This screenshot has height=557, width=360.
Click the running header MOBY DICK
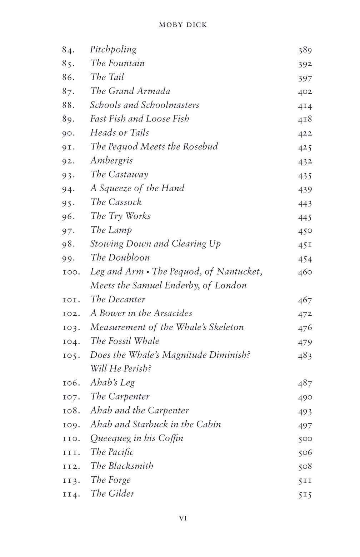tap(183, 25)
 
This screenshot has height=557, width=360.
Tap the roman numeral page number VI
tap(182, 518)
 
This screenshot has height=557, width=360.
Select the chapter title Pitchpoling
tap(113, 50)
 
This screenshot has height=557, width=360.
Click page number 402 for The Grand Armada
tap(305, 92)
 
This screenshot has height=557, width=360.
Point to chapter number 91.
tap(68, 147)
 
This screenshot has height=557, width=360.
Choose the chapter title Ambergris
tap(111, 161)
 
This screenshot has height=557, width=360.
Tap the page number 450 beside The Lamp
tap(305, 231)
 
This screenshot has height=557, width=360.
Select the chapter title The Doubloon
tap(120, 258)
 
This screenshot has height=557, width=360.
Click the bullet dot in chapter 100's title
tap(147, 272)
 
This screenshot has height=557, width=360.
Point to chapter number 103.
tap(71, 328)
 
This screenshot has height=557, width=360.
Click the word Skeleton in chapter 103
tap(226, 327)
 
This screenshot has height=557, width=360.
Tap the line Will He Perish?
tap(121, 368)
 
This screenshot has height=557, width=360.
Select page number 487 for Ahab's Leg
tap(305, 383)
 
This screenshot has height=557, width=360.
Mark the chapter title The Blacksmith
tap(122, 466)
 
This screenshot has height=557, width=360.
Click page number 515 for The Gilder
tap(305, 495)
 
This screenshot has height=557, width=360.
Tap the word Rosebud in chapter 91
tap(200, 147)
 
